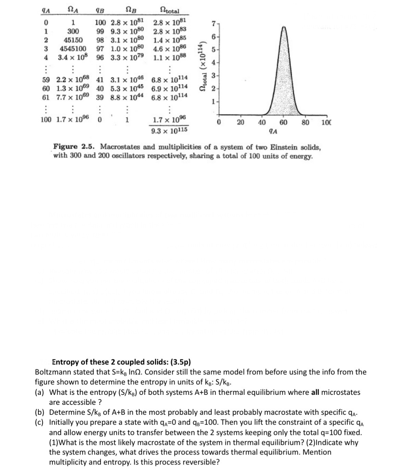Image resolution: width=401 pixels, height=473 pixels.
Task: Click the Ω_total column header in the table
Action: [170, 11]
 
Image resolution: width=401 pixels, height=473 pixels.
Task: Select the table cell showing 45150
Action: [73, 40]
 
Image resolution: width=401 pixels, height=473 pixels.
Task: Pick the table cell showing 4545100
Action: [73, 48]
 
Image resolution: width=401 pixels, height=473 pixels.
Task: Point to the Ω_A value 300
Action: [73, 32]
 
